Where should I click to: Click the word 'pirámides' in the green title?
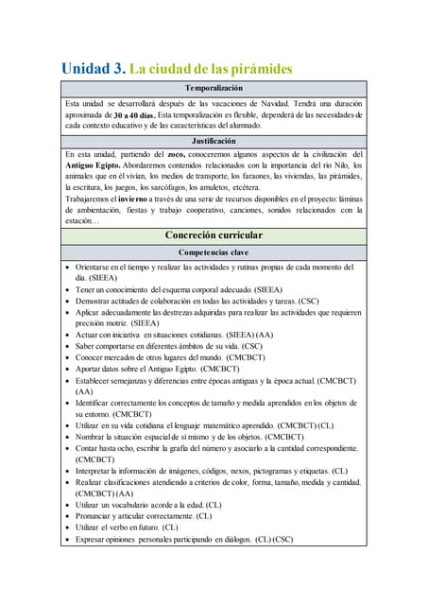pos(259,69)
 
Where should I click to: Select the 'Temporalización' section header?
pos(214,88)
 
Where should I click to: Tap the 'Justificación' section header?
pos(214,141)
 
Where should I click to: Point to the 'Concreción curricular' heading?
pos(214,235)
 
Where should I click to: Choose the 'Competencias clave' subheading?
pos(214,252)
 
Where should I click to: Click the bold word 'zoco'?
pos(178,154)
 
